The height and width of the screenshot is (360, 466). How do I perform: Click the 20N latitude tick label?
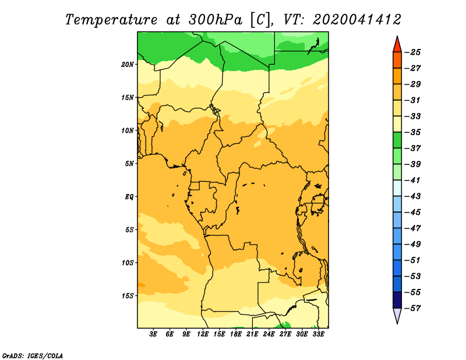pyautogui.click(x=128, y=64)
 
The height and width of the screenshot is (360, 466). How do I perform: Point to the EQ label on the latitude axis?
pyautogui.click(x=129, y=196)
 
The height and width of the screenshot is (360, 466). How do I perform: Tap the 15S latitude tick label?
pyautogui.click(x=128, y=296)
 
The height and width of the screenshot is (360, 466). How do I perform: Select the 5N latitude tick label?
pyautogui.click(x=129, y=164)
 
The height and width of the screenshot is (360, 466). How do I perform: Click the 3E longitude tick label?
pyautogui.click(x=153, y=334)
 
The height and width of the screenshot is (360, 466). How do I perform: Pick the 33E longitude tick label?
pyautogui.click(x=318, y=334)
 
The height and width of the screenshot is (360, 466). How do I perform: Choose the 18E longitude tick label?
pyautogui.click(x=236, y=334)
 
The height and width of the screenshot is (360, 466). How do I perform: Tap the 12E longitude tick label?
pyautogui.click(x=203, y=334)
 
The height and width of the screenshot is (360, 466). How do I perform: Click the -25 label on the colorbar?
pyautogui.click(x=413, y=52)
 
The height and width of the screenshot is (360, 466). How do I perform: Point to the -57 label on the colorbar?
pyautogui.click(x=413, y=308)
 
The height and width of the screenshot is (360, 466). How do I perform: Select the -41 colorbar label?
pyautogui.click(x=413, y=181)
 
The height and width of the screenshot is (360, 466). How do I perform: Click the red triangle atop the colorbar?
pyautogui.click(x=397, y=45)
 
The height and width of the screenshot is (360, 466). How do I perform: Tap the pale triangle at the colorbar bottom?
pyautogui.click(x=397, y=315)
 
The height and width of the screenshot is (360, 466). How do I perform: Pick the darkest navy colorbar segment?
pyautogui.click(x=397, y=300)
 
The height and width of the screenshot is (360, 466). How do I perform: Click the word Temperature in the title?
pyautogui.click(x=111, y=20)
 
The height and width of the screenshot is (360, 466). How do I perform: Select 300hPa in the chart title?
pyautogui.click(x=216, y=20)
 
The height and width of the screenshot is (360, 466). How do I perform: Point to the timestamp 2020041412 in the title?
pyautogui.click(x=357, y=20)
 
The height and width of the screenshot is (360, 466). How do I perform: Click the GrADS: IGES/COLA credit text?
pyautogui.click(x=33, y=355)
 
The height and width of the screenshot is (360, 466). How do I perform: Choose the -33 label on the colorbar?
pyautogui.click(x=413, y=117)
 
